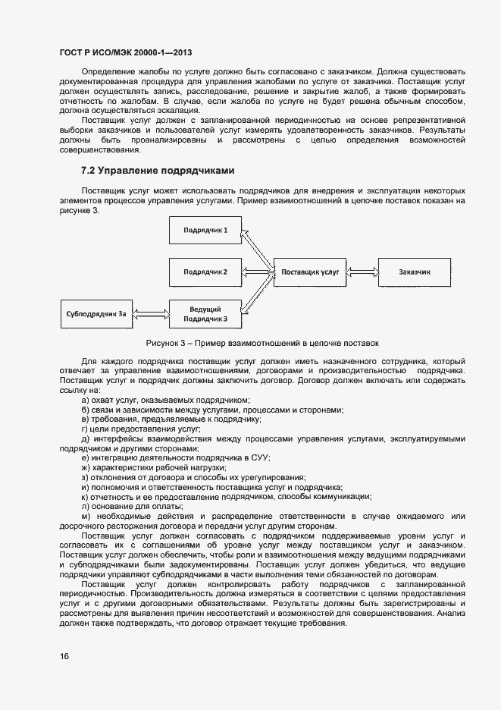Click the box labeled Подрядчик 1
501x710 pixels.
tap(205, 230)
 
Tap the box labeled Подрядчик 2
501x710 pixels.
tap(205, 271)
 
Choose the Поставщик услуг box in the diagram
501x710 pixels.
tap(311, 271)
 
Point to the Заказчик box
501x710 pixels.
tap(414, 271)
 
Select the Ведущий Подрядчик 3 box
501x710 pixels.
tap(205, 313)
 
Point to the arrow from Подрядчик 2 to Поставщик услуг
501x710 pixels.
tap(258, 271)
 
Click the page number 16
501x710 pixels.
tap(64, 656)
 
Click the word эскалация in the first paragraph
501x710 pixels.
tap(164, 110)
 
